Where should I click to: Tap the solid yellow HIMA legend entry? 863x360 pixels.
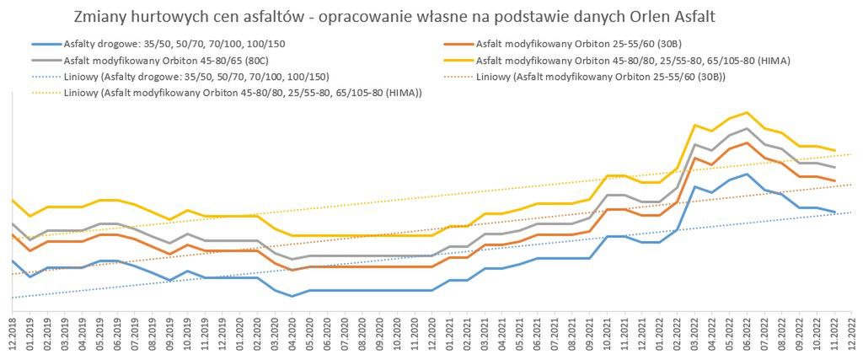tap(632, 61)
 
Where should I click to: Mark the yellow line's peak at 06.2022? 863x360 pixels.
tap(746, 112)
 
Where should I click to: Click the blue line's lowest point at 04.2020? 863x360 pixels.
tap(292, 296)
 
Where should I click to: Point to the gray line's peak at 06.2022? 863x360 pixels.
tap(746, 128)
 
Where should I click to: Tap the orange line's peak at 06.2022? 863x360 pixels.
tap(746, 142)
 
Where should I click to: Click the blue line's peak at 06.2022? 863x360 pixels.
tap(746, 174)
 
